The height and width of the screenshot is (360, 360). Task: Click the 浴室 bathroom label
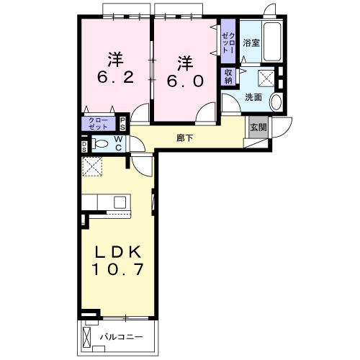click(251, 43)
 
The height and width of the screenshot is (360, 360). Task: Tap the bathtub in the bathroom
click(272, 42)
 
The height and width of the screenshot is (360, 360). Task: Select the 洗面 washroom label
click(253, 97)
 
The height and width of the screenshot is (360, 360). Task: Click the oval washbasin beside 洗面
click(276, 102)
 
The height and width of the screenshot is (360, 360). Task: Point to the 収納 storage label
click(228, 76)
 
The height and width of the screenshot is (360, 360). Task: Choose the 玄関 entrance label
click(258, 127)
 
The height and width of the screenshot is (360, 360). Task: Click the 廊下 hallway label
click(184, 138)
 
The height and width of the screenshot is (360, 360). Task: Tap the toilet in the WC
click(100, 144)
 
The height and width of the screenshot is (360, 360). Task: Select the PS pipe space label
click(122, 124)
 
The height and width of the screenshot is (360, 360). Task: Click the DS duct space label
click(84, 146)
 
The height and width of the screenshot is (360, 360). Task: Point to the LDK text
click(117, 252)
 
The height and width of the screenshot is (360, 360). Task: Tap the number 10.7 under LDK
click(117, 269)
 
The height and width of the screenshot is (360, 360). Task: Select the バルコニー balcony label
click(122, 337)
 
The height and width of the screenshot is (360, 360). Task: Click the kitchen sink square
click(120, 202)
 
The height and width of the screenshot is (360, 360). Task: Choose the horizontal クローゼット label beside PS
click(98, 124)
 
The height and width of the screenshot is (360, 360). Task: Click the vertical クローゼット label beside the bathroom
click(228, 42)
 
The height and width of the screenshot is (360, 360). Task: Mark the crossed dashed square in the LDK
click(92, 166)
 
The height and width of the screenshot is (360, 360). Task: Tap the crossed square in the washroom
click(266, 78)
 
